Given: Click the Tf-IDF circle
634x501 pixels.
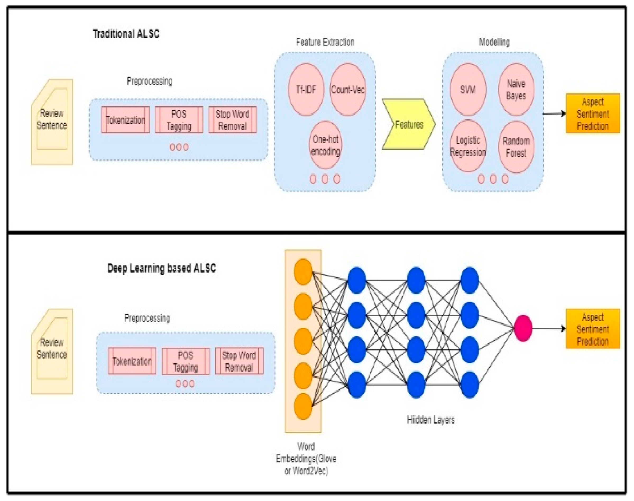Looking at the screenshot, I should coord(306,89).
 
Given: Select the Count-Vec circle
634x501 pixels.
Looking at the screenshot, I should coord(348,89).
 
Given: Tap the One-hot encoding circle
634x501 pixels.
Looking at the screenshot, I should coord(325,145).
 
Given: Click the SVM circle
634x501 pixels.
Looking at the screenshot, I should coord(468,89).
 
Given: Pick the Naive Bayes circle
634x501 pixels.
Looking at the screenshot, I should coord(516,89).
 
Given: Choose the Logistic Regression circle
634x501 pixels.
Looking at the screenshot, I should coord(468,146).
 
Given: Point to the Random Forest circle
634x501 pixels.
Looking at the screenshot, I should coord(516,147).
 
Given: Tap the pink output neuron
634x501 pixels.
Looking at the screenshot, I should coord(523,328).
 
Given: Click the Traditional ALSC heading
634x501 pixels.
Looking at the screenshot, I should coord(126,34).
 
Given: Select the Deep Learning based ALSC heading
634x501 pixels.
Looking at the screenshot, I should coord(162,268).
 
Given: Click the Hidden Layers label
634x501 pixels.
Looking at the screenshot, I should coord(430,420).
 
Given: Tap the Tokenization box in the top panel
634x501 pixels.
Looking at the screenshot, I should coord(125,120).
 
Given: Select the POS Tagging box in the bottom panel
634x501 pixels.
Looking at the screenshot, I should coord(185,361).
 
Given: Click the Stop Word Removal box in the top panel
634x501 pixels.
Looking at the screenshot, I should coord(233,120).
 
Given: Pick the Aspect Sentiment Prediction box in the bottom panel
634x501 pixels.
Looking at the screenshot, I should coord(592,329).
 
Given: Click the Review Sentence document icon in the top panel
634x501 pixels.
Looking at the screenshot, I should coord(52,122).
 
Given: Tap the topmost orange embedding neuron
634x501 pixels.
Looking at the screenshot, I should coord(303,272).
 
